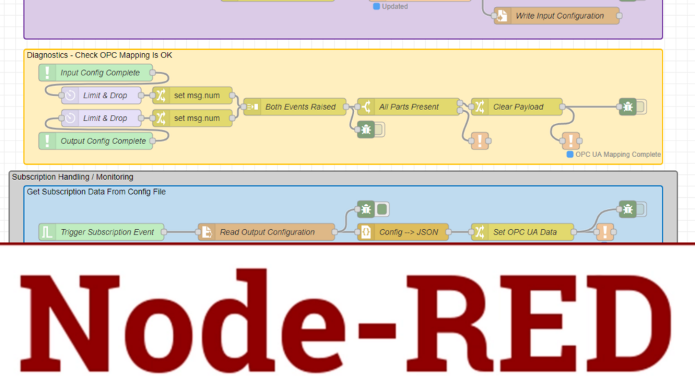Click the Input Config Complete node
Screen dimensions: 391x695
99,73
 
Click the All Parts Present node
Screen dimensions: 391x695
408,107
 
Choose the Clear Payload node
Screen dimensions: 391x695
517,107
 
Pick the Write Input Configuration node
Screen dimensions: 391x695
557,16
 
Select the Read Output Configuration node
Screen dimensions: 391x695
266,233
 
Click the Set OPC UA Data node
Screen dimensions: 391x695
523,233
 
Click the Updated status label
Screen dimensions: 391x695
394,6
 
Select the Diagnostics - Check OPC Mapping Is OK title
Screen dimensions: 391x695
100,55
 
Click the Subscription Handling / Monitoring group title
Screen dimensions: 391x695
73,177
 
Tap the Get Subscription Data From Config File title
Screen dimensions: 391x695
96,192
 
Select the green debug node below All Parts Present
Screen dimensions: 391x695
367,129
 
